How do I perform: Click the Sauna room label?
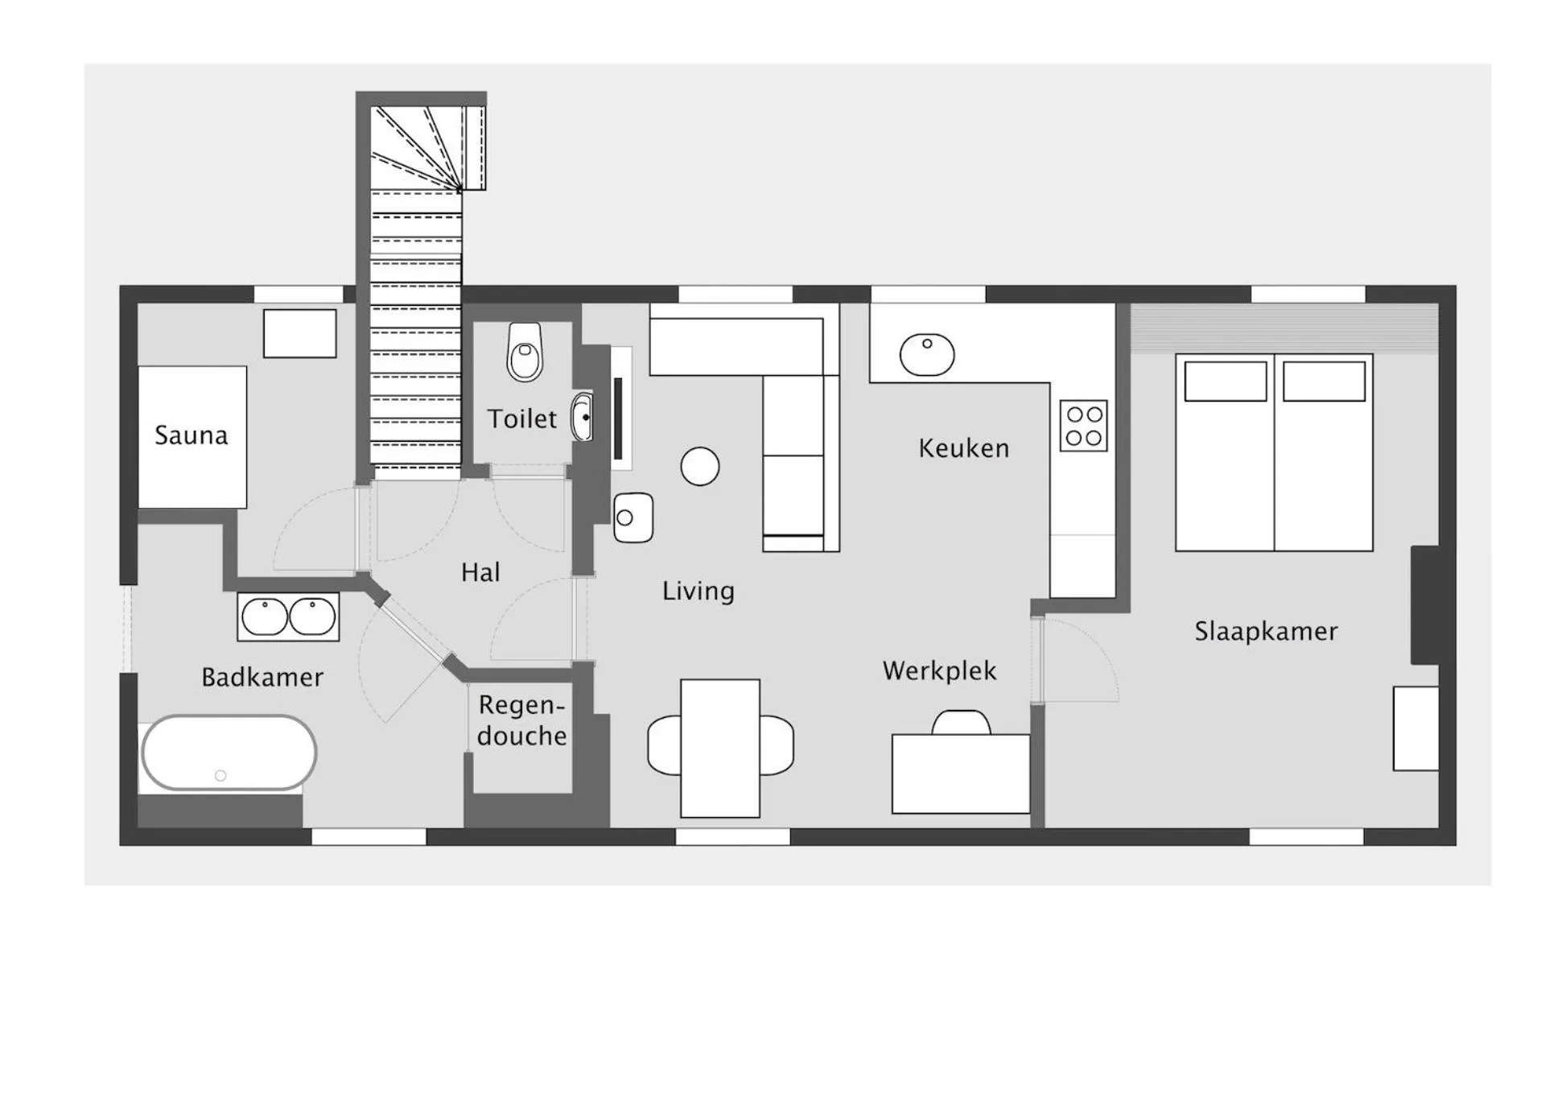[x=191, y=435]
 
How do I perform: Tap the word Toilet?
[x=521, y=419]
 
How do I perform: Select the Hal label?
[x=480, y=572]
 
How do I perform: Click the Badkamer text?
[x=262, y=677]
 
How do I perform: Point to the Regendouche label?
[x=521, y=720]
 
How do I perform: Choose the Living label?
[x=698, y=591]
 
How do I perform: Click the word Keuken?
[x=963, y=448]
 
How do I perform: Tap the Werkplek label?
[x=939, y=670]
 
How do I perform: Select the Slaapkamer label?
[x=1265, y=631]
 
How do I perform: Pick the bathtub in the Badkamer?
[x=229, y=753]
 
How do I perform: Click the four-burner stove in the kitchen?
[x=1083, y=426]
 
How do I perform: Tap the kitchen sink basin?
[x=927, y=354]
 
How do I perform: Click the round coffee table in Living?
[x=700, y=466]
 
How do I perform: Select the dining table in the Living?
[x=720, y=748]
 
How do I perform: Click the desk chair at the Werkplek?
[x=961, y=722]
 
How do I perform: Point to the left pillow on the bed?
[x=1225, y=382]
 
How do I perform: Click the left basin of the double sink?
[x=264, y=617]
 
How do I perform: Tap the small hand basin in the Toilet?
[x=582, y=417]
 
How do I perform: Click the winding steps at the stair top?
[x=418, y=149]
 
